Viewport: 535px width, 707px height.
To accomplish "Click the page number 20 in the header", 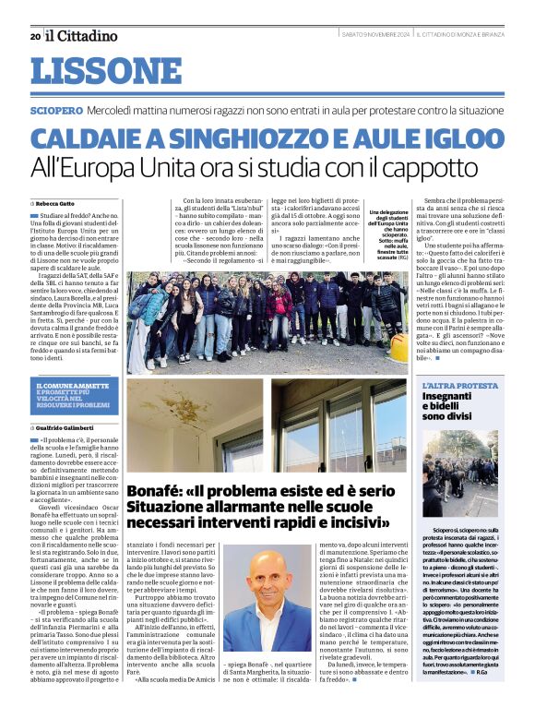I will coord(34,36).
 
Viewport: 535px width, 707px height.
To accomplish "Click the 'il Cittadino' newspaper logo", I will coord(83,35).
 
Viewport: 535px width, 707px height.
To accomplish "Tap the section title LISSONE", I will coord(106,71).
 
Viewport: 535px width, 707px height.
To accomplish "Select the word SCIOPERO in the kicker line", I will coord(56,109).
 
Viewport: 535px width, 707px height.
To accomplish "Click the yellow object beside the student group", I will coord(398,348).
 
